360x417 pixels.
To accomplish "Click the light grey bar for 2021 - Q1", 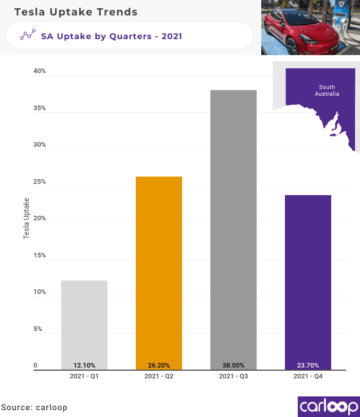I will (84, 324).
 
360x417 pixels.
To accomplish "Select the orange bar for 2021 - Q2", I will (159, 273).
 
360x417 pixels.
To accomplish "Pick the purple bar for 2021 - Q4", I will (308, 281).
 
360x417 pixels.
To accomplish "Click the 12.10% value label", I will (84, 366).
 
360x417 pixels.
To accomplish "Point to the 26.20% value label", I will (159, 366).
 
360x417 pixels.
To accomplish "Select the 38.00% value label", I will (233, 366).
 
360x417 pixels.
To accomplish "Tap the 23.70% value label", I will (308, 366).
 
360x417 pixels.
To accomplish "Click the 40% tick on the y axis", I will (40, 71).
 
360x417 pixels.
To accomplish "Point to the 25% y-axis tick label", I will (40, 182).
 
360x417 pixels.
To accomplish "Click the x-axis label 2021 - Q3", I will (233, 376).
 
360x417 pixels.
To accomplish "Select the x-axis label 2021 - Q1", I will (84, 376).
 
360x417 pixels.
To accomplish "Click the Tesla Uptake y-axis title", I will (27, 218).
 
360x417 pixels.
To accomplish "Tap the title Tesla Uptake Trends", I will (76, 12).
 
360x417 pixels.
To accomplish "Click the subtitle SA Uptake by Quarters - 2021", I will (112, 36).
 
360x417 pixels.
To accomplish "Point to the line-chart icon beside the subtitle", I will (27, 36).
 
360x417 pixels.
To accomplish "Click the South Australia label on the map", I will (327, 91).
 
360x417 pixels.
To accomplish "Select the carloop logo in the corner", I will (328, 406).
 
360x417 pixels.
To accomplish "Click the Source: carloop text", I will (34, 407).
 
